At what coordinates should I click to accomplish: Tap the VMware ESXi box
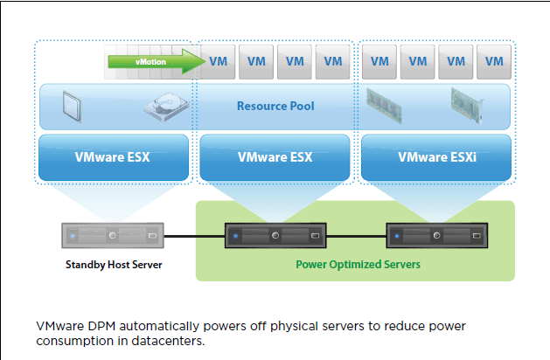click(435, 157)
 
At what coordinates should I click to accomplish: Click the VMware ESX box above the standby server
click(114, 157)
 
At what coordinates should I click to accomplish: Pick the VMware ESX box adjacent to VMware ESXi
click(275, 157)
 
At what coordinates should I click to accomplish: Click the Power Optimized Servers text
click(356, 263)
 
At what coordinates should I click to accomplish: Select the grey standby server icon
click(111, 235)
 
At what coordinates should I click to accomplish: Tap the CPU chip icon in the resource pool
click(73, 105)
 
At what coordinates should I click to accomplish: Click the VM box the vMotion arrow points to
click(219, 61)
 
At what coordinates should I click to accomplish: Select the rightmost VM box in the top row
click(494, 61)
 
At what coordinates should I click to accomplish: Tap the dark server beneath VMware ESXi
click(435, 235)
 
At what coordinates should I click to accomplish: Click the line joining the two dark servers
click(355, 235)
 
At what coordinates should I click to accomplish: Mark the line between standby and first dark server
click(193, 235)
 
